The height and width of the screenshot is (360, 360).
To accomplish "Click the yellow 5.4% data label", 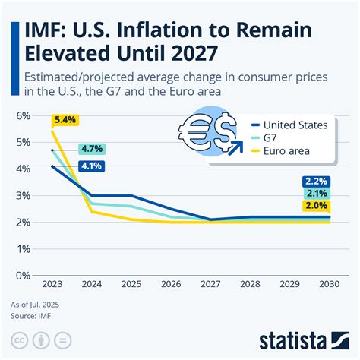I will coord(65,120).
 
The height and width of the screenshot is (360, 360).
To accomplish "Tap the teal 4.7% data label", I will coord(92,150).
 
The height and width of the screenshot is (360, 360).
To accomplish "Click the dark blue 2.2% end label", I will coord(316,182).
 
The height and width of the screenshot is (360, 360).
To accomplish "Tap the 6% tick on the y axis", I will coord(23,115).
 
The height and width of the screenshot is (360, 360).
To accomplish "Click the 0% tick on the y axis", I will coord(23,276).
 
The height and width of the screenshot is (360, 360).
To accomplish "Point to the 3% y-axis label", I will coord(23,195).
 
